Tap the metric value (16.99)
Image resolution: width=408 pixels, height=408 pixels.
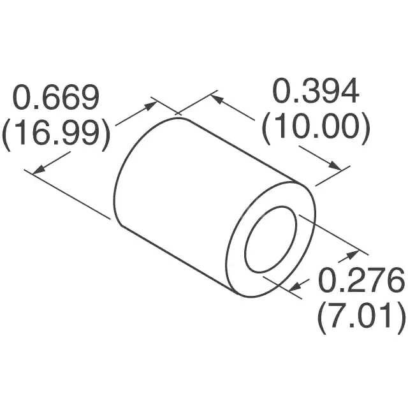(57, 134)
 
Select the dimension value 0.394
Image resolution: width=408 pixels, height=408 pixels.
(316, 93)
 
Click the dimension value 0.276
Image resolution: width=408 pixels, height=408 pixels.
(361, 280)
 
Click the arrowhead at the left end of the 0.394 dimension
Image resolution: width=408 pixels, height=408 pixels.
(215, 99)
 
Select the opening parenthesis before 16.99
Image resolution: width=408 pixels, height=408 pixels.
(8, 135)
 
